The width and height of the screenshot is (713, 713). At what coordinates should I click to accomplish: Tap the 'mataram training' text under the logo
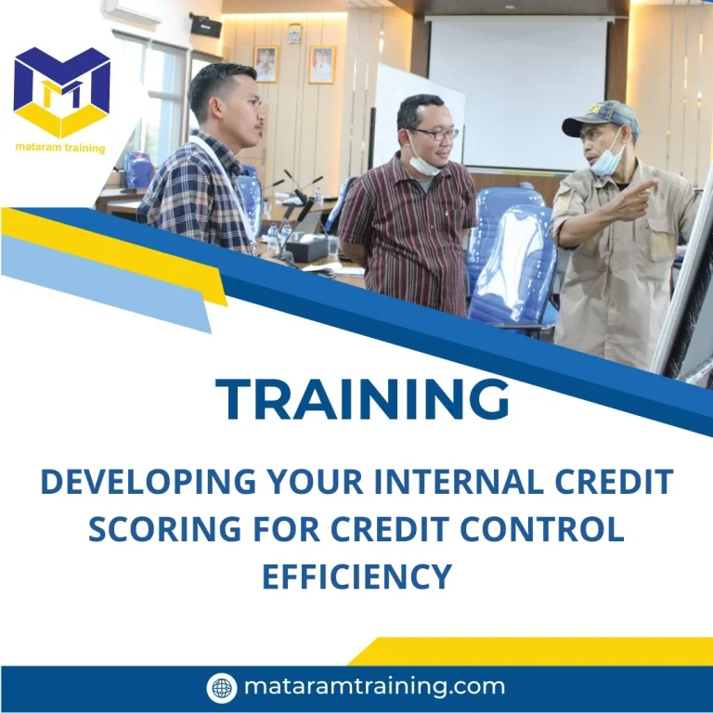(61, 148)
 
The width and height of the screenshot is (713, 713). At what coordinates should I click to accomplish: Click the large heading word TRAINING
(363, 400)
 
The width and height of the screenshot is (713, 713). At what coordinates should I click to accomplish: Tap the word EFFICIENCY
(356, 576)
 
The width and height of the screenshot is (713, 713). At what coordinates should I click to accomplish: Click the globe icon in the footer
(221, 688)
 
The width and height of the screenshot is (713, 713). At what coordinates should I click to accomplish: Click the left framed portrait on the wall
(266, 64)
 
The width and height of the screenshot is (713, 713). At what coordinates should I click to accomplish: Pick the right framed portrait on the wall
(321, 65)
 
